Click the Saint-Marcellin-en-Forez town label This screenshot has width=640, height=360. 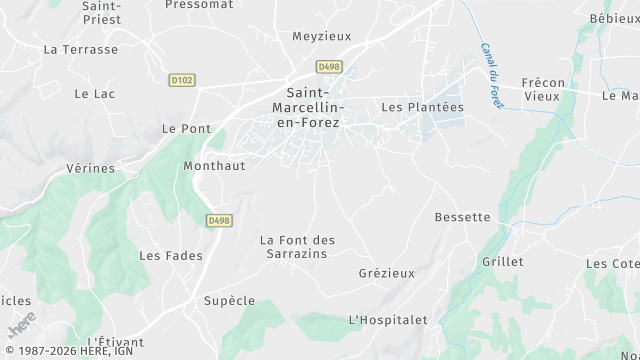(x=307, y=105)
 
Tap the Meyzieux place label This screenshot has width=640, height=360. (x=322, y=36)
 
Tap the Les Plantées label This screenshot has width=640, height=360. (x=423, y=107)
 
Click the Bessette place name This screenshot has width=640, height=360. (x=463, y=217)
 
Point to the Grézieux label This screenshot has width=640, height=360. (x=385, y=273)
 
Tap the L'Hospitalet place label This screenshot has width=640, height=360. (x=387, y=320)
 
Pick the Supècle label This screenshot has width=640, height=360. (x=229, y=301)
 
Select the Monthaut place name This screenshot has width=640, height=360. (x=214, y=167)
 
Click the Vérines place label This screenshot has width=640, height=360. (x=90, y=169)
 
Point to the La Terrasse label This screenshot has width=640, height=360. (x=81, y=49)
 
